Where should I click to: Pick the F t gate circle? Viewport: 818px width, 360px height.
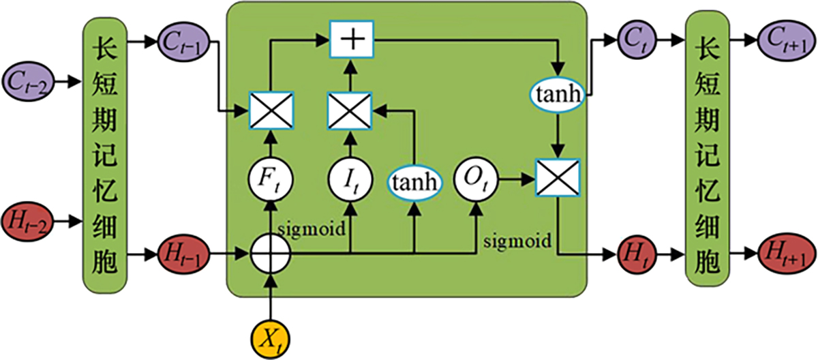(x=271, y=181)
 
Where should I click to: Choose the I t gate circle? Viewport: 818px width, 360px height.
(x=350, y=181)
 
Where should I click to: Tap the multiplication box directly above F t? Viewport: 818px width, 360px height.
(x=271, y=110)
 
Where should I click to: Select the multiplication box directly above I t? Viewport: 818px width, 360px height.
(x=350, y=110)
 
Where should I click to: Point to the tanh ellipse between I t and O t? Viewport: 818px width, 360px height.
(x=414, y=181)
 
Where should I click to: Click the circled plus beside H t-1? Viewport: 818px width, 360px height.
(x=271, y=257)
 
